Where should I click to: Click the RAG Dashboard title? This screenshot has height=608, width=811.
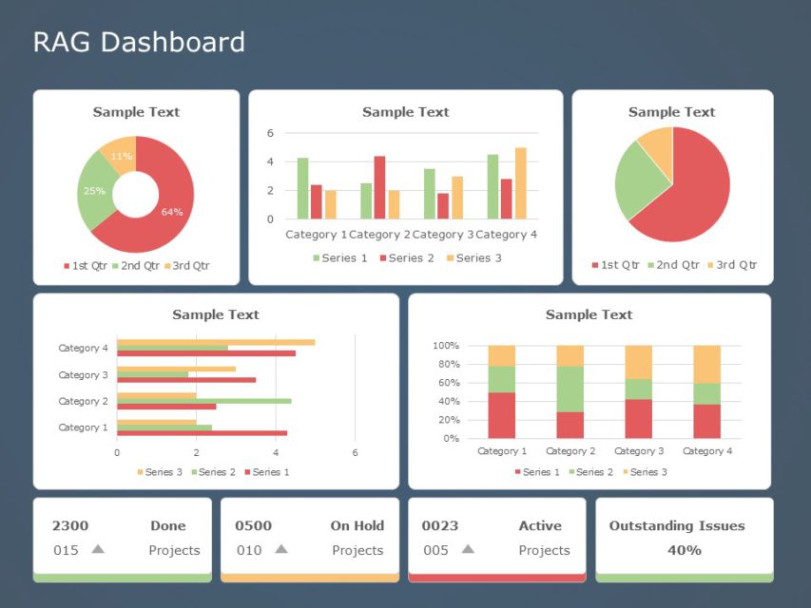[x=139, y=42]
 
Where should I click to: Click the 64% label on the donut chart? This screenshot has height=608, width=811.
[x=172, y=212]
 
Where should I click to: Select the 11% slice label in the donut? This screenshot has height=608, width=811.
[x=122, y=157]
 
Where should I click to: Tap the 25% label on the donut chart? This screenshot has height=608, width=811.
[x=94, y=191]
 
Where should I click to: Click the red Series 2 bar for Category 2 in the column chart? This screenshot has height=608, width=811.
[x=379, y=187]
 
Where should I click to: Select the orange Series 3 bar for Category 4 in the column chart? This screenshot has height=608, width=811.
[x=520, y=183]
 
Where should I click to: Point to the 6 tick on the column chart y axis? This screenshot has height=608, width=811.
[x=270, y=133]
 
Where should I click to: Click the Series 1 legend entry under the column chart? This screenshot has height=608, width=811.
[x=340, y=258]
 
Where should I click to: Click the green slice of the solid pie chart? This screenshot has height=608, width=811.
[x=640, y=180]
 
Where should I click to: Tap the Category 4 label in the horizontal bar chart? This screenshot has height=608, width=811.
[x=84, y=349]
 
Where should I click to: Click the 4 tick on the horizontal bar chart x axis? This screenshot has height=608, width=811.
[x=276, y=452]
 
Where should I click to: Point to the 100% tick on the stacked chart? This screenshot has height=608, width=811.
[x=445, y=346]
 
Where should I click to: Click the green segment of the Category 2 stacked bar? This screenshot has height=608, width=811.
[x=570, y=389]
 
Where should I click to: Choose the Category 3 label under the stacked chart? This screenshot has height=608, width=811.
[x=639, y=451]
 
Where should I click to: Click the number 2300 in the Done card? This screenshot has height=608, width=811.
[x=69, y=525]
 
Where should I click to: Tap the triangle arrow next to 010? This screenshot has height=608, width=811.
[x=280, y=549]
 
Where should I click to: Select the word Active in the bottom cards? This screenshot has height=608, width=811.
[x=540, y=525]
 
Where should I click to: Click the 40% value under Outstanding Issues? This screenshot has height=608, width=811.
[x=684, y=550]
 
